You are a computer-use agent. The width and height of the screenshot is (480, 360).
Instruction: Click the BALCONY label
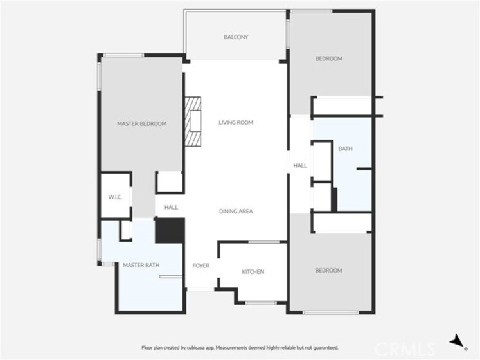point(236,37)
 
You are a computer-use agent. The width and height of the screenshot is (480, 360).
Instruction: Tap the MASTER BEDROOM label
point(142,124)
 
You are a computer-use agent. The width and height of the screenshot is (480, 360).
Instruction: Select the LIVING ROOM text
point(236,123)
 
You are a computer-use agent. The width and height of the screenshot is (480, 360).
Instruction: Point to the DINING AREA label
point(236,211)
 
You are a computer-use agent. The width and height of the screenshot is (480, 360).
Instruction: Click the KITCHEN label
point(253,272)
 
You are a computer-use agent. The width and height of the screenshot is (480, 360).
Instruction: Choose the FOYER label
point(201,265)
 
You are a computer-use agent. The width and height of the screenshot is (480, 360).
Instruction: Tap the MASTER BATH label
point(141,265)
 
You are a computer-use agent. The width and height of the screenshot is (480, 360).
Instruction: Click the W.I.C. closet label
point(115,197)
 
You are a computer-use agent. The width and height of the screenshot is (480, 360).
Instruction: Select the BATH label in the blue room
point(345,149)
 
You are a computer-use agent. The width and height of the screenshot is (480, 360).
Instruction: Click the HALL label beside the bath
point(300,166)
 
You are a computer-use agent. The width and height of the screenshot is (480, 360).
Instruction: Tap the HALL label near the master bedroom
point(171,208)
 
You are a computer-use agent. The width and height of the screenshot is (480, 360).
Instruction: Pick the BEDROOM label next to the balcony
point(329,59)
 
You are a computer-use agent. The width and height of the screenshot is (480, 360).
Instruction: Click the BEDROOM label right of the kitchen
point(328,270)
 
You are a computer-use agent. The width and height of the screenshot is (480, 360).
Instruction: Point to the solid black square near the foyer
point(170,230)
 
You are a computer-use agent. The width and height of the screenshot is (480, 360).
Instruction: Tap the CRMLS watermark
point(405,349)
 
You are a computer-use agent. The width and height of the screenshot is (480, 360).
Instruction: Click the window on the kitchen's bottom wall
point(261,303)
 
